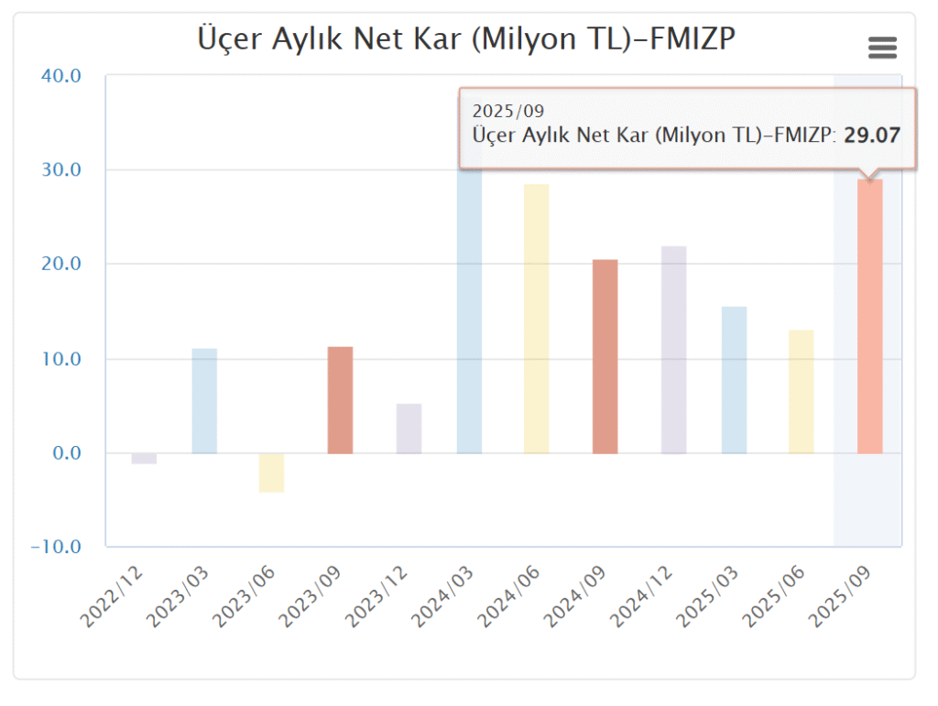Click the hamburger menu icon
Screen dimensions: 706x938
pos(882,48)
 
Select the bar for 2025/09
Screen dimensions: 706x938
pos(869,316)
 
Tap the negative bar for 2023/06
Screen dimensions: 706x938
pos(271,472)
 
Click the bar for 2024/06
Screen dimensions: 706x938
pos(536,319)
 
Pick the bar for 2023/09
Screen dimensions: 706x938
pos(340,400)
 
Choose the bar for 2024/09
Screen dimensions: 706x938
pos(605,356)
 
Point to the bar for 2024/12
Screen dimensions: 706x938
pos(673,349)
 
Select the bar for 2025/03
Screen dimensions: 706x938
pos(734,380)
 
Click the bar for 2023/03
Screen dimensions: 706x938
pos(204,400)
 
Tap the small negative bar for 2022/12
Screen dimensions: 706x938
pos(144,459)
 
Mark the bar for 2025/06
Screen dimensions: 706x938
pos(801,391)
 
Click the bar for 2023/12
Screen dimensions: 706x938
pos(409,429)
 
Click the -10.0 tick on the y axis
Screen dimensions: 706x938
pos(56,547)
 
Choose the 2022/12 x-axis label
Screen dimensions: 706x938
pos(112,596)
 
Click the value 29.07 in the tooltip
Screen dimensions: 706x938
pos(872,136)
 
